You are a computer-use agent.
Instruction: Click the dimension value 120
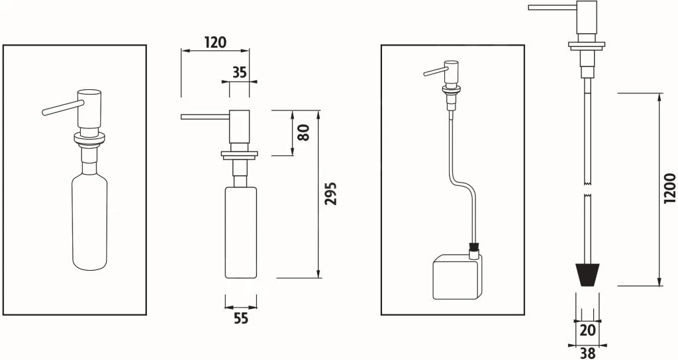[x=215, y=42]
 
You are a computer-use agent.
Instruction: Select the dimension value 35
[x=240, y=72]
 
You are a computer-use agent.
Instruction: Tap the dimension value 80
[x=304, y=133]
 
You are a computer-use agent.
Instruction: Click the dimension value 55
[x=241, y=319]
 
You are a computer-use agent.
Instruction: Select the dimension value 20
[x=587, y=330]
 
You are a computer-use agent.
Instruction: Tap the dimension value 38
[x=587, y=353]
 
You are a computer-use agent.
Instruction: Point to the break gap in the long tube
[x=587, y=189]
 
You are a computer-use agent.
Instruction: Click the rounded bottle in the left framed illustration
[x=89, y=222]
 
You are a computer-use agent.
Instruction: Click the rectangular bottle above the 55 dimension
[x=241, y=232]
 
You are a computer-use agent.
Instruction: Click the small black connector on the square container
[x=473, y=251]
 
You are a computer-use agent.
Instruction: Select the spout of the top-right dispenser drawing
[x=552, y=7]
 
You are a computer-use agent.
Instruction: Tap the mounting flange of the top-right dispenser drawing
[x=587, y=46]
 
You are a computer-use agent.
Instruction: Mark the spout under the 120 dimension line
[x=204, y=117]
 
